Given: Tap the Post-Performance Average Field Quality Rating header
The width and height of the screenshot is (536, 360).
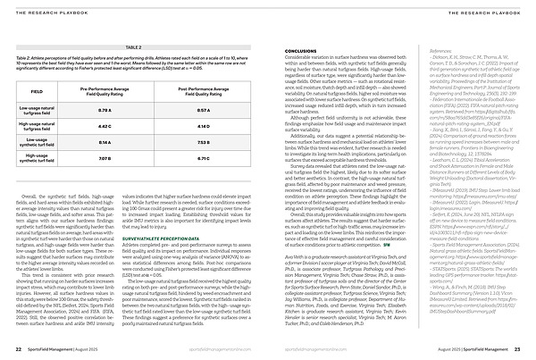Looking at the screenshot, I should click(203, 91).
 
